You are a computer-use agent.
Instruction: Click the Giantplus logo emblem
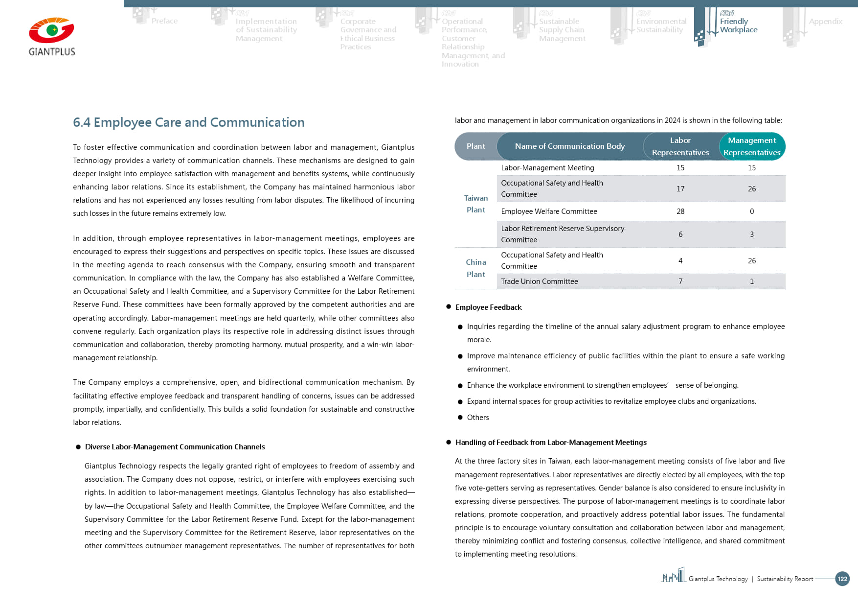(51, 31)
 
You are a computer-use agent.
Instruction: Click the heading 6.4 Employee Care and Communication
(188, 122)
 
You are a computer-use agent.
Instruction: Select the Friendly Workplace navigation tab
(738, 25)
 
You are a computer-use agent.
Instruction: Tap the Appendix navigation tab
(825, 22)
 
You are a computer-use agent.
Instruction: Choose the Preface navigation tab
(164, 21)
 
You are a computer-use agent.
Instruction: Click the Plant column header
(475, 146)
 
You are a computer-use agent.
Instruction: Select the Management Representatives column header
(751, 146)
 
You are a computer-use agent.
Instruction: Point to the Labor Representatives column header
(680, 146)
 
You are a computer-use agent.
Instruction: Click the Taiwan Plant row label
(475, 204)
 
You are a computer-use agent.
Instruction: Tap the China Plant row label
(475, 268)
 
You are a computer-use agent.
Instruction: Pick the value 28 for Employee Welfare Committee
(680, 211)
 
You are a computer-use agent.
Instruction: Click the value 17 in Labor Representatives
(680, 189)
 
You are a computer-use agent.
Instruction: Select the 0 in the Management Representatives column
(751, 211)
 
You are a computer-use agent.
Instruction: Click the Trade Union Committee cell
(539, 281)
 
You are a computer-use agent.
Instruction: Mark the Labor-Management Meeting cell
(547, 168)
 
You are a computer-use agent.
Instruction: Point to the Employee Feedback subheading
(488, 307)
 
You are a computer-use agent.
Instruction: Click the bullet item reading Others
(477, 418)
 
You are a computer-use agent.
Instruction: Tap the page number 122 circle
(842, 579)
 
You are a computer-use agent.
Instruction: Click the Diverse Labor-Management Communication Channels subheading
(175, 447)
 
